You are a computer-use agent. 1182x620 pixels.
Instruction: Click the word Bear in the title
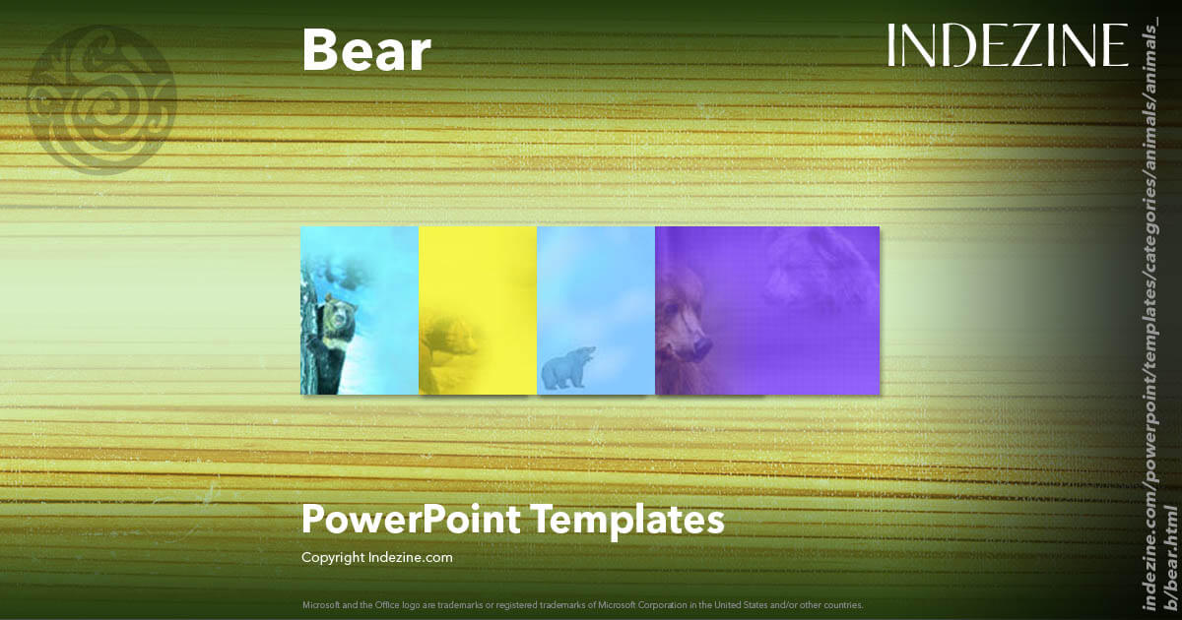[365, 51]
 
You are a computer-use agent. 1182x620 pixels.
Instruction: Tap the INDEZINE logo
[1008, 46]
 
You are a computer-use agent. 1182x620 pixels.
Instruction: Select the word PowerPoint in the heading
[412, 520]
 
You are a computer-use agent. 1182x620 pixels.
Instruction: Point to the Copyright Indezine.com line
[376, 557]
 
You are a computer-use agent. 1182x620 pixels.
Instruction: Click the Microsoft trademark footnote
[582, 603]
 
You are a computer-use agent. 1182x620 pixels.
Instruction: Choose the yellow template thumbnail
[478, 310]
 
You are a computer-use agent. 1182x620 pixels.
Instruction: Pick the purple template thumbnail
[766, 310]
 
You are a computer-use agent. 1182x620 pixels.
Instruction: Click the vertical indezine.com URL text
[1159, 325]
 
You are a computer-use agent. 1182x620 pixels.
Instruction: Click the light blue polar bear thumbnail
[596, 310]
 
